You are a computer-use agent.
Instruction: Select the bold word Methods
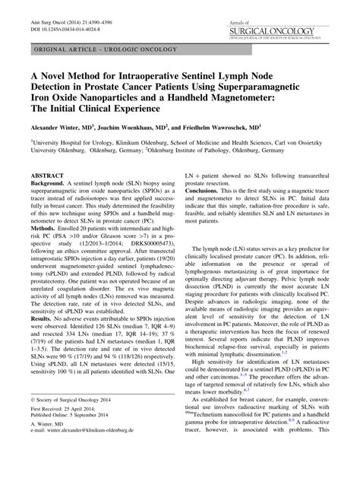click(46, 248)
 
